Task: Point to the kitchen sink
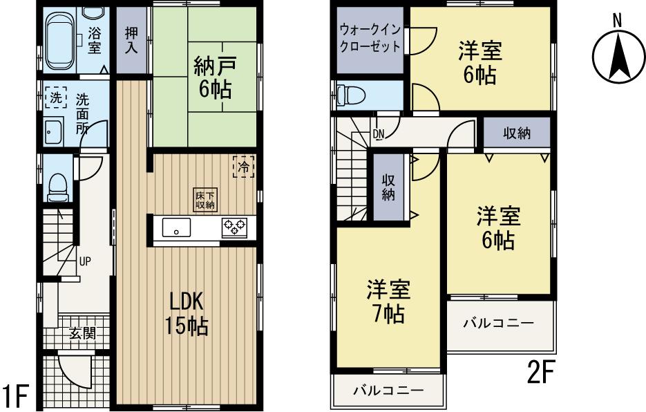click(x=177, y=227)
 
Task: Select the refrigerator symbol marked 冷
click(x=243, y=167)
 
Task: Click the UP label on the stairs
click(x=84, y=262)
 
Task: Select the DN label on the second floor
click(x=379, y=133)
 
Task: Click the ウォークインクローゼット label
click(x=369, y=39)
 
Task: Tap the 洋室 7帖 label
click(x=388, y=302)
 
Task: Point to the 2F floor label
click(x=541, y=374)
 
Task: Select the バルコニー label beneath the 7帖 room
click(x=388, y=391)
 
